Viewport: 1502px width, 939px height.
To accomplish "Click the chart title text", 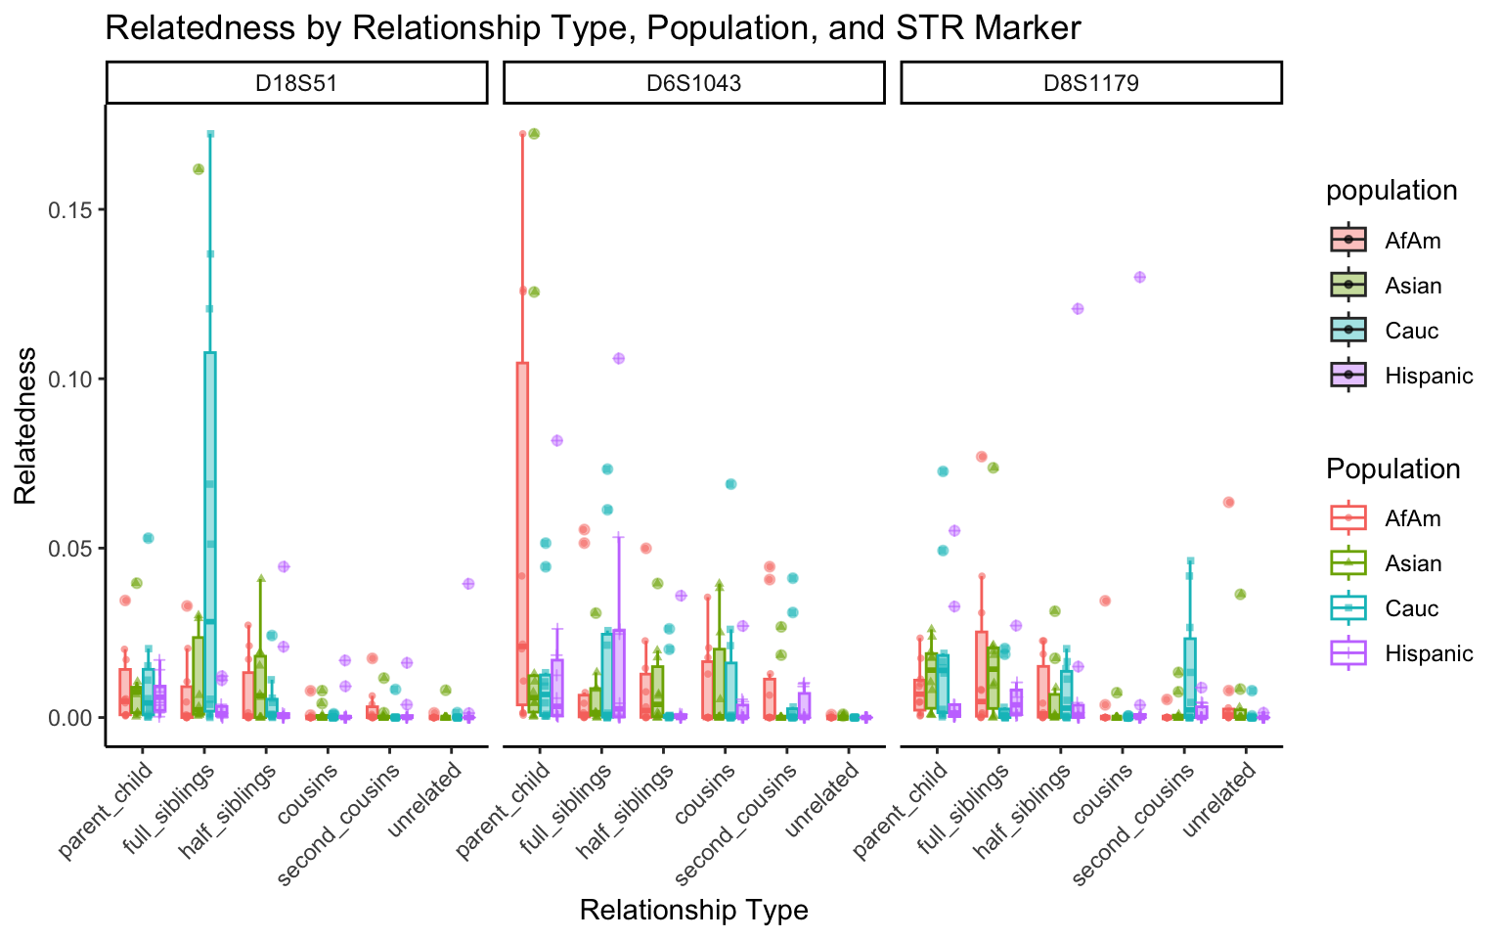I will (x=593, y=27).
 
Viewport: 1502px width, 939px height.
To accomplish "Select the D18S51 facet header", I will (x=296, y=83).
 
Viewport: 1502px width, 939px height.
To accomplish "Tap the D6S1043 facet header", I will (x=694, y=83).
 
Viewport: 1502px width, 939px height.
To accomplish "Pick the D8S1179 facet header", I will (x=1090, y=83).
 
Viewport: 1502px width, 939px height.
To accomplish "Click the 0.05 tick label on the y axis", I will (x=68, y=549).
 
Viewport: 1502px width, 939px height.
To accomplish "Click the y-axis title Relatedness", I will (x=25, y=425).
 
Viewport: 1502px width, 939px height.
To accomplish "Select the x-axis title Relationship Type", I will (x=693, y=911).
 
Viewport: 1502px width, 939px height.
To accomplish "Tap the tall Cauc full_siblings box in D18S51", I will (x=210, y=528).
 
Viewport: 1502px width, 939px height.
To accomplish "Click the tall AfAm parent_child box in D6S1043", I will (x=523, y=533).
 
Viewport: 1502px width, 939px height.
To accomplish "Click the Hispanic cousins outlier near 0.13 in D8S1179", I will (x=1139, y=277).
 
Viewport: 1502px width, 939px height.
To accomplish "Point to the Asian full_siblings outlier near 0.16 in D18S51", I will (x=199, y=169).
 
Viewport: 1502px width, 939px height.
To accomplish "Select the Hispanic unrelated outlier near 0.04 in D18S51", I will (x=468, y=584).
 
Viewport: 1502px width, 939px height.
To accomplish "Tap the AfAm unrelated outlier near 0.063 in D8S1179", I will (x=1229, y=503).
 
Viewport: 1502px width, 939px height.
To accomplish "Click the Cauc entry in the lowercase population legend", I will (x=1411, y=331).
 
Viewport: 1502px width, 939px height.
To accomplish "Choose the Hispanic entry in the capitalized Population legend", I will (x=1428, y=653).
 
